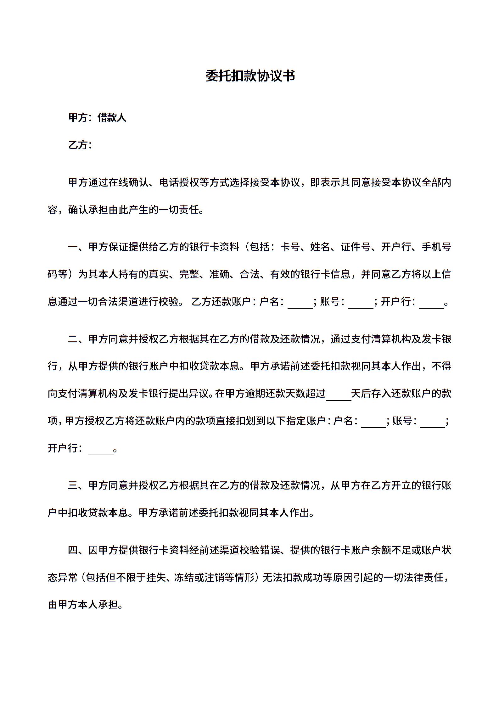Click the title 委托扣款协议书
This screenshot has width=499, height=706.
click(x=250, y=76)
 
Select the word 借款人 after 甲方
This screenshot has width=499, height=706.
click(x=112, y=118)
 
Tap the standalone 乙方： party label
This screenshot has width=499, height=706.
click(x=80, y=145)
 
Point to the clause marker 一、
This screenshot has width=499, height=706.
click(x=78, y=247)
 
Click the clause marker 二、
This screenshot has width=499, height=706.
click(x=78, y=339)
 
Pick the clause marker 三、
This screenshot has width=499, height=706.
click(x=78, y=485)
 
